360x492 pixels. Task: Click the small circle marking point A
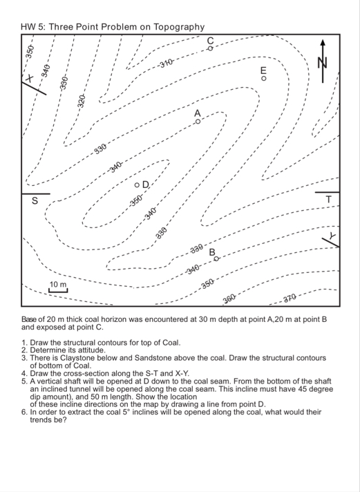(x=198, y=122)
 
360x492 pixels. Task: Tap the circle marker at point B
(x=216, y=258)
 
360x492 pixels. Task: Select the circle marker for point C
(x=210, y=48)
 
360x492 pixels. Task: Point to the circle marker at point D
(x=137, y=185)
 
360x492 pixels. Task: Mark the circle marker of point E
(x=264, y=78)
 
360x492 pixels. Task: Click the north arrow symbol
(x=323, y=61)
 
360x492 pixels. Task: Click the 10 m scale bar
(x=58, y=291)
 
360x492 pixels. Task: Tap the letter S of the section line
(x=35, y=200)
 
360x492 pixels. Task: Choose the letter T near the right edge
(x=328, y=199)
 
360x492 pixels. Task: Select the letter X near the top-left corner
(x=30, y=79)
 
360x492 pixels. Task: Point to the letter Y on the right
(x=332, y=235)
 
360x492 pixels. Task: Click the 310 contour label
(x=166, y=64)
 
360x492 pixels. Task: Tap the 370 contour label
(x=290, y=298)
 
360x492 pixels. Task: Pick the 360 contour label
(x=229, y=299)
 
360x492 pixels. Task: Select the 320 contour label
(x=82, y=101)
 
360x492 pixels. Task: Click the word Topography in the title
(x=179, y=27)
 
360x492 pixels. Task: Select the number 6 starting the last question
(x=24, y=412)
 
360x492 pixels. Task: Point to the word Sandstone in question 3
(x=150, y=358)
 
